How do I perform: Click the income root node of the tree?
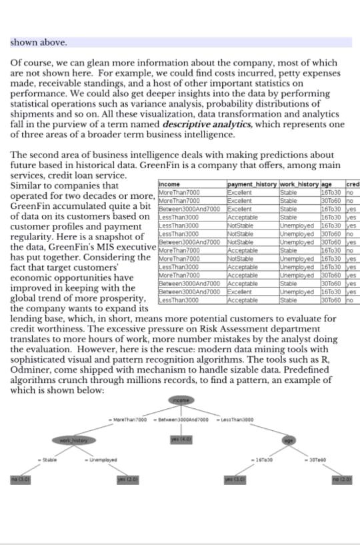tap(181, 400)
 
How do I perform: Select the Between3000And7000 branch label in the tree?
tap(182, 420)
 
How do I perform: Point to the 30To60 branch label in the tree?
tap(317, 460)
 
